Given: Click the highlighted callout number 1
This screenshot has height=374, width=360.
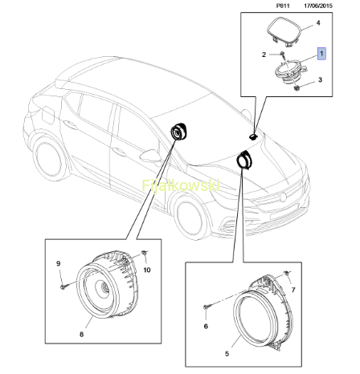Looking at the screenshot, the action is [x=321, y=54].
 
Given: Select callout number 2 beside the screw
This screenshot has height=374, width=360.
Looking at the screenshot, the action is [x=264, y=55].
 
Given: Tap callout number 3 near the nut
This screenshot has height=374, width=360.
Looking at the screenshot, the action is [x=320, y=79].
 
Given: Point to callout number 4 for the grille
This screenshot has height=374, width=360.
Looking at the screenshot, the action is [x=318, y=23].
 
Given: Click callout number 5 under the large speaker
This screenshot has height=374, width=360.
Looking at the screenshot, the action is [x=227, y=354].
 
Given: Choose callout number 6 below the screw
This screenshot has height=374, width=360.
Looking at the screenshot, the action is [x=206, y=326].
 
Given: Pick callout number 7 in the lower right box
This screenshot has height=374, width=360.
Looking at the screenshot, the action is [x=293, y=290].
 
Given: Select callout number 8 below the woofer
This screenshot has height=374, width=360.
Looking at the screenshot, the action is [x=81, y=334].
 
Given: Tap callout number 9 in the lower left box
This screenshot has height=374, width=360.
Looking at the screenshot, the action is [x=59, y=263].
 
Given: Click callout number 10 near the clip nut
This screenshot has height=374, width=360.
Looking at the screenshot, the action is [x=147, y=270].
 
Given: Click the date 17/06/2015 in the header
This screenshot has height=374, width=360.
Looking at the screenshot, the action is [x=318, y=6].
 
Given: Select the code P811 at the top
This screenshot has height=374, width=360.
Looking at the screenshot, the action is [x=283, y=6].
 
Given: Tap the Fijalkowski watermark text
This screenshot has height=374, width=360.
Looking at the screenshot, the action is [x=181, y=185].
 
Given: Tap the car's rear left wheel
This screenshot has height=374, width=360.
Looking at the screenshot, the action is [x=47, y=160].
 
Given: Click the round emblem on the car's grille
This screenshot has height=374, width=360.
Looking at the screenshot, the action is [x=282, y=197].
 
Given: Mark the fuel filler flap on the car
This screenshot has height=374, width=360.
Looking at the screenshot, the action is [x=47, y=115].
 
